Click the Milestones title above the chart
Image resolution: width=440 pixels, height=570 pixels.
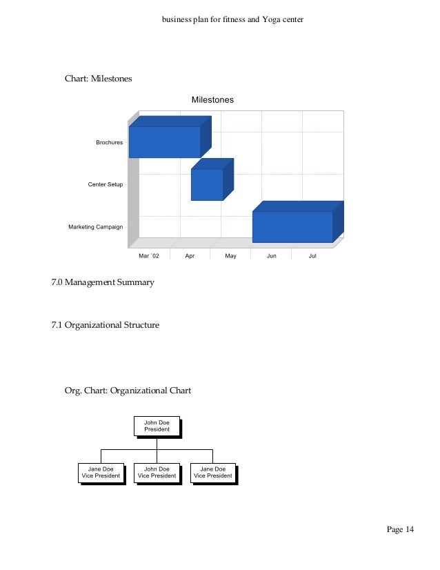pyautogui.click(x=212, y=100)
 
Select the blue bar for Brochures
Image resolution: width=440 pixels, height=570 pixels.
pyautogui.click(x=165, y=142)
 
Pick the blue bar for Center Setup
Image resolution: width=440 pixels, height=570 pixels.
pyautogui.click(x=207, y=184)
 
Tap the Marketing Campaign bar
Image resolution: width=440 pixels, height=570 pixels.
pyautogui.click(x=292, y=226)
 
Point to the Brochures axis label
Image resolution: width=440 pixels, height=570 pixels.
pyautogui.click(x=109, y=143)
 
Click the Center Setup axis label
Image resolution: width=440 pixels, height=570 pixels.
pyautogui.click(x=106, y=185)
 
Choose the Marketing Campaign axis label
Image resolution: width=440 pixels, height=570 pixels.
pyautogui.click(x=95, y=227)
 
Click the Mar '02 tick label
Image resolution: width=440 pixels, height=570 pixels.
pyautogui.click(x=148, y=256)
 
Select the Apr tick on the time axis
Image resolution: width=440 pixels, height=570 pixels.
pyautogui.click(x=190, y=256)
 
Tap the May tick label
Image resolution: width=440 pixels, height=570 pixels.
pyautogui.click(x=230, y=256)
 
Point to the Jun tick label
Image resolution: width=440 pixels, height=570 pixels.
pyautogui.click(x=272, y=256)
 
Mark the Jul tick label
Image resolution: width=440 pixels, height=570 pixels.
pyautogui.click(x=312, y=256)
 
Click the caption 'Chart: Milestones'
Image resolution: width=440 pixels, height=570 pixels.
pyautogui.click(x=98, y=79)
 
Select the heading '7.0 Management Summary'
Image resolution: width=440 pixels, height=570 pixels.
pyautogui.click(x=103, y=282)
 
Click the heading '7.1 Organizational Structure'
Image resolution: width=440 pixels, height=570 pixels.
pyautogui.click(x=105, y=324)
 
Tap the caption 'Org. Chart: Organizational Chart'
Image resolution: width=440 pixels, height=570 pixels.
pyautogui.click(x=128, y=391)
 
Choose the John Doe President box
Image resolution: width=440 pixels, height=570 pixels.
pyautogui.click(x=157, y=425)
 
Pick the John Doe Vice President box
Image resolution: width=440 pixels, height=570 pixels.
pyautogui.click(x=157, y=472)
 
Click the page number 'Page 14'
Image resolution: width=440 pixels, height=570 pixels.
pyautogui.click(x=400, y=529)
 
